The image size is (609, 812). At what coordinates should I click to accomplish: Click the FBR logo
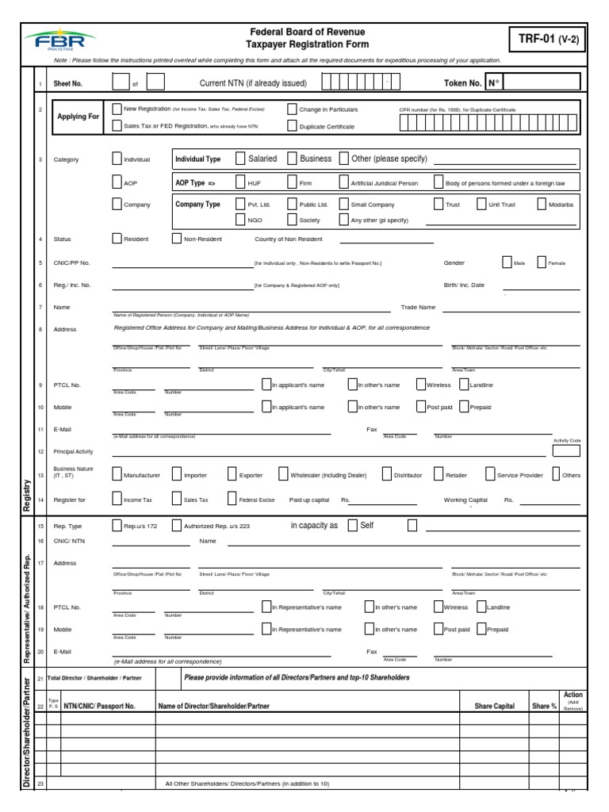click(59, 39)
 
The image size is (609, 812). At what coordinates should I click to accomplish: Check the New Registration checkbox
click(117, 109)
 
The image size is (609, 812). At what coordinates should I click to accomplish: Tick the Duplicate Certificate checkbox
click(293, 125)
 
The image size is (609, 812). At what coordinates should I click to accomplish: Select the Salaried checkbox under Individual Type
click(240, 159)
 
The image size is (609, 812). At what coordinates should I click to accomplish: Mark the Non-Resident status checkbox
click(176, 239)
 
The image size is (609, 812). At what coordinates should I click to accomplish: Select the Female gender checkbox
click(542, 262)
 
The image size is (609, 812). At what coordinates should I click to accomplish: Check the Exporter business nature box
click(232, 474)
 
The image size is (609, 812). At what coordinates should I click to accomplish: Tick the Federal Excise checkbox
click(232, 500)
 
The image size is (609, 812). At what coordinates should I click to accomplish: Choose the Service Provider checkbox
click(490, 474)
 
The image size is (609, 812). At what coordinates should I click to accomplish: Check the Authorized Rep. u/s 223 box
click(176, 525)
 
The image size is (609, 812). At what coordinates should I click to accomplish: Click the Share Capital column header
click(494, 706)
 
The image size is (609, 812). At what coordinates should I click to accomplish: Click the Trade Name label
click(418, 307)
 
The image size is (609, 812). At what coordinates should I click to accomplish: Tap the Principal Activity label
click(74, 451)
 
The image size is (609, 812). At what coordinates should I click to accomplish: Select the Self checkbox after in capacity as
click(352, 525)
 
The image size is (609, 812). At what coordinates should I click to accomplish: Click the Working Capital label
click(465, 500)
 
